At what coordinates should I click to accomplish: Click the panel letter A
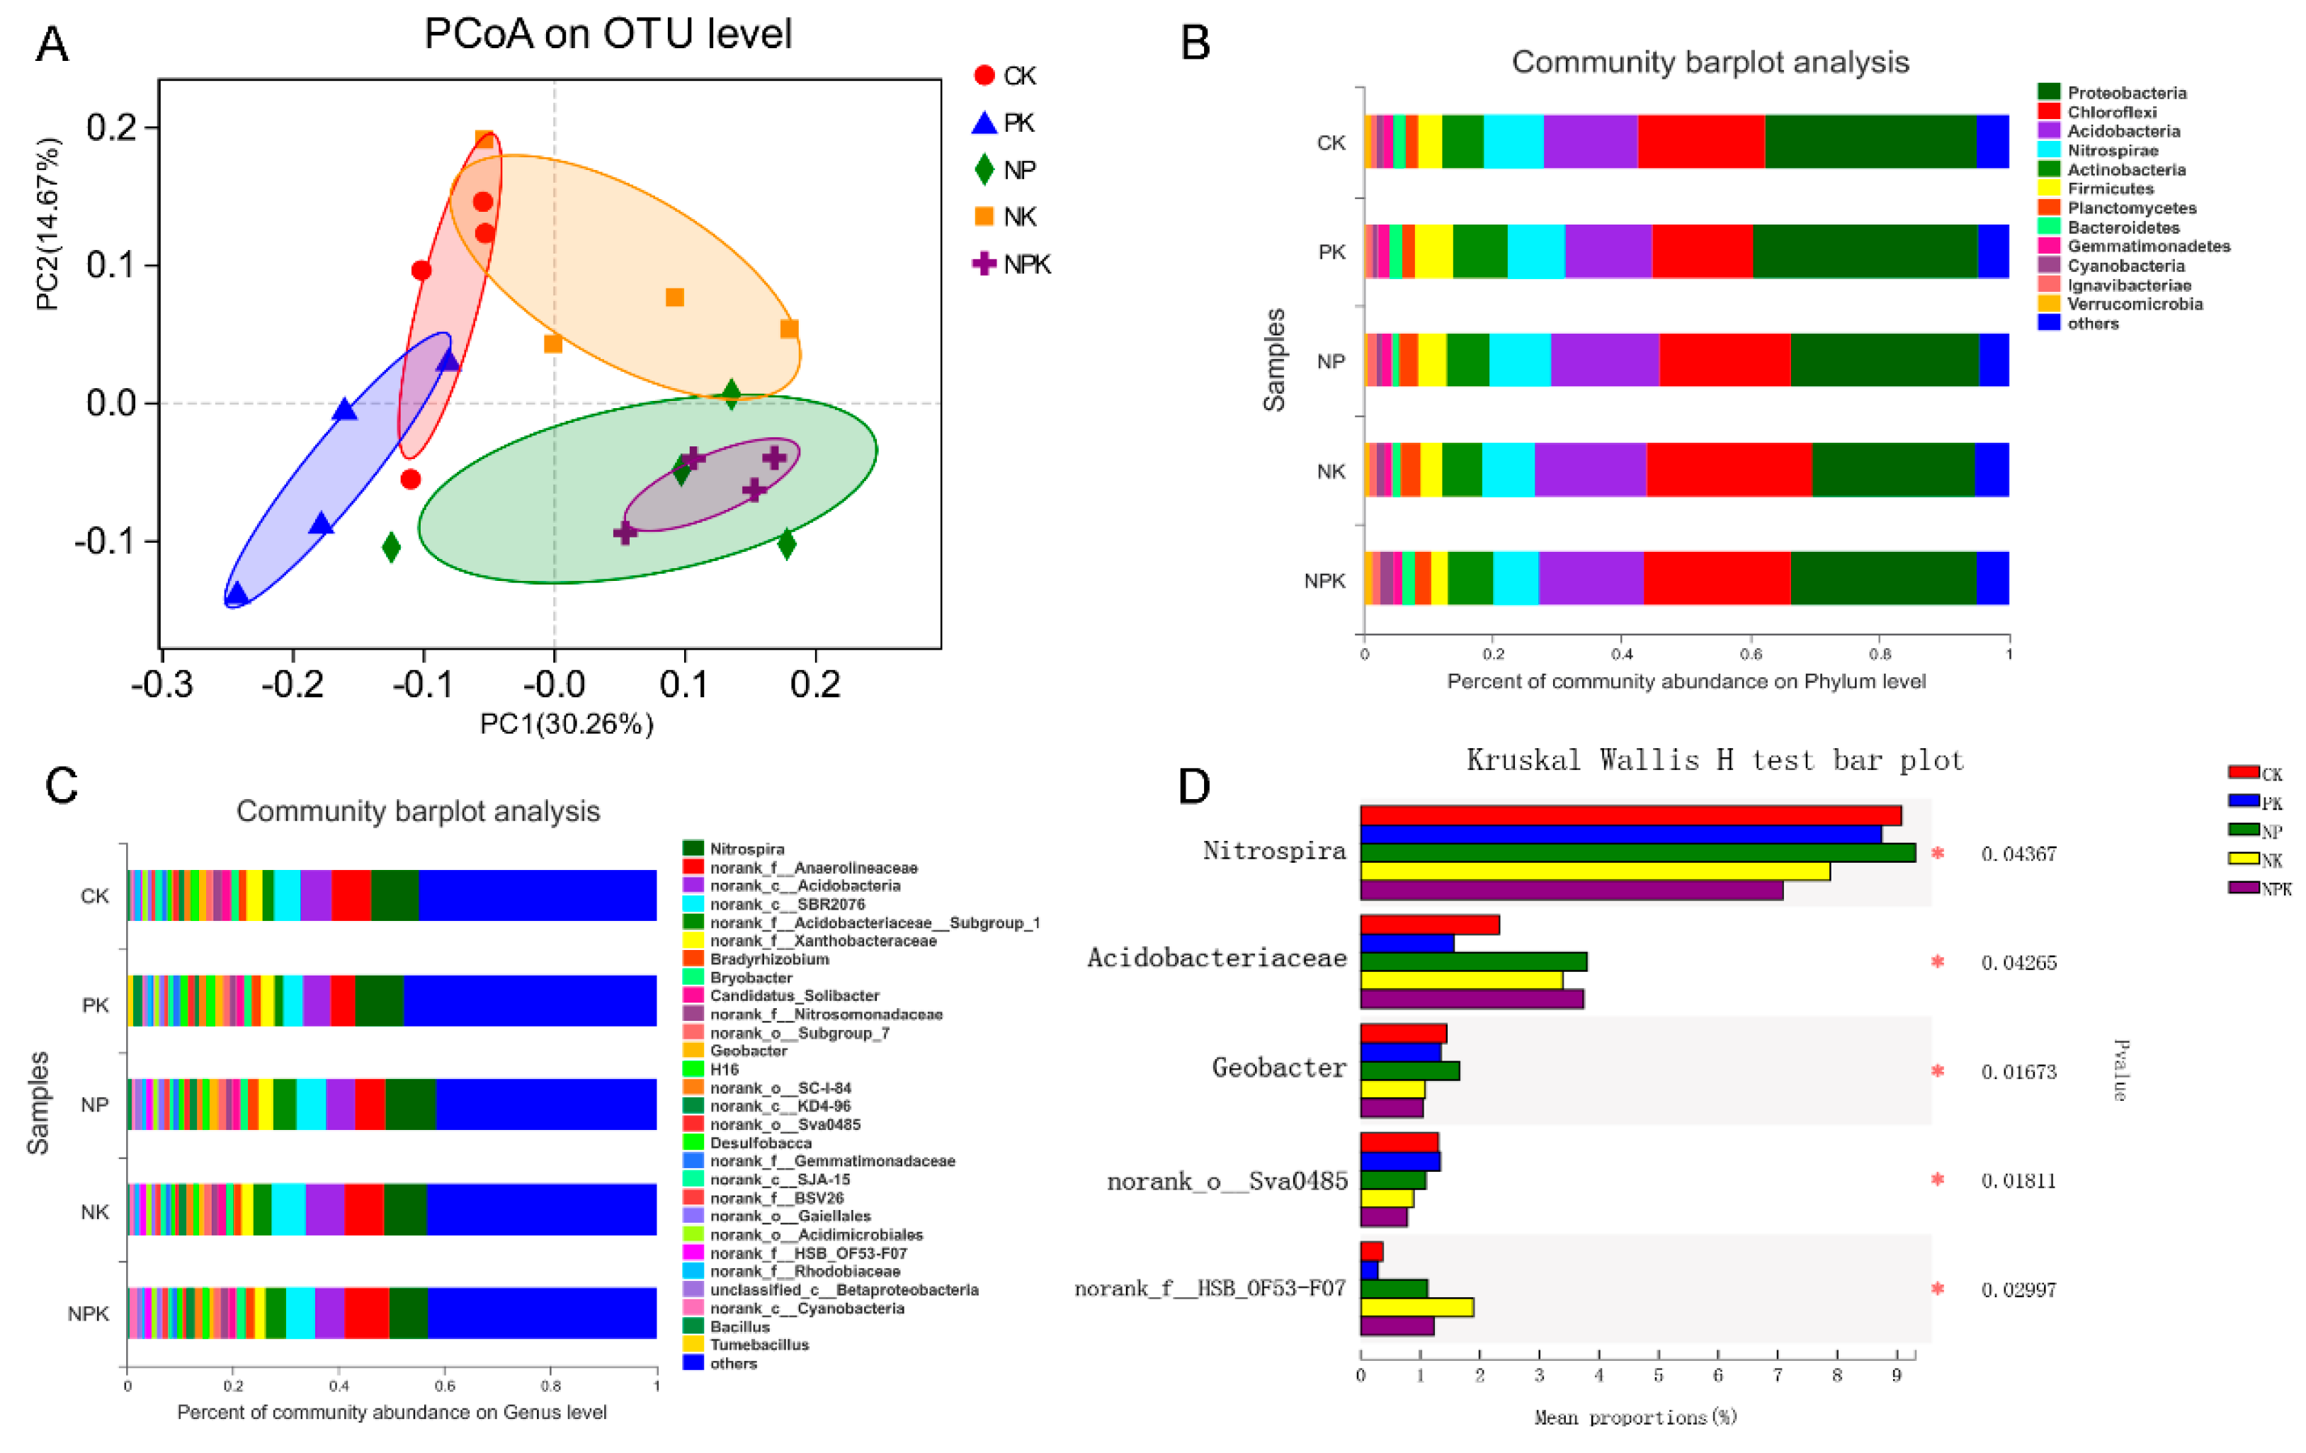click(52, 44)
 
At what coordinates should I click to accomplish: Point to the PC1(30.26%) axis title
click(566, 723)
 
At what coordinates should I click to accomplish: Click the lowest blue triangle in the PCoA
click(236, 595)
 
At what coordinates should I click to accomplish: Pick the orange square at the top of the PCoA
click(484, 140)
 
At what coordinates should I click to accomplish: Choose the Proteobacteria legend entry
click(2126, 93)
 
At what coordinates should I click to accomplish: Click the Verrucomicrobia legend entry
click(2134, 304)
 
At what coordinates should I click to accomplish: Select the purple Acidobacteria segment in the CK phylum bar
click(1590, 142)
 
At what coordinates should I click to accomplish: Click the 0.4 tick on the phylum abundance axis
click(1621, 654)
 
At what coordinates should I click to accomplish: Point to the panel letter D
click(1194, 786)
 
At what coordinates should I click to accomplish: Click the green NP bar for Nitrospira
click(1637, 852)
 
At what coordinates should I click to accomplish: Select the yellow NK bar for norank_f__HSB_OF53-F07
click(1416, 1306)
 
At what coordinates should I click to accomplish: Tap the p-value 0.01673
click(2018, 1071)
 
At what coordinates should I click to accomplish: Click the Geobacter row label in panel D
click(1278, 1067)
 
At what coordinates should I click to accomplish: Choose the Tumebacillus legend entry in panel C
click(759, 1345)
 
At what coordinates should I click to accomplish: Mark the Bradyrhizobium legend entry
click(769, 959)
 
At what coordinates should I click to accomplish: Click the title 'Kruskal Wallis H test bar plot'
click(1714, 760)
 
